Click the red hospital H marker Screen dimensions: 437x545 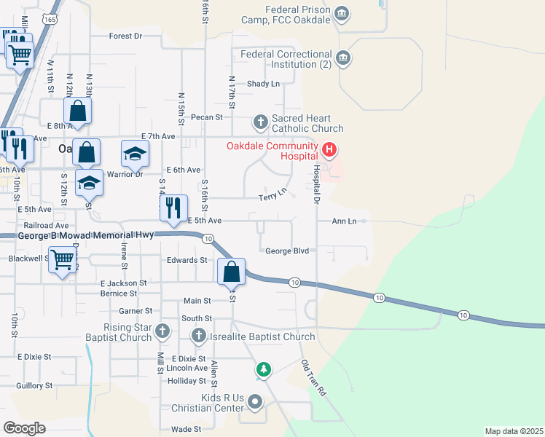(329, 151)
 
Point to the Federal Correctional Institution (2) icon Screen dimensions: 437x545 (343, 58)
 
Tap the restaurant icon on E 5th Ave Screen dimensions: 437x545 (173, 208)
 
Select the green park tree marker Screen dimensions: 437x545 (263, 369)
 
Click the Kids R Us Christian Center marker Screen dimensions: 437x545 (255, 401)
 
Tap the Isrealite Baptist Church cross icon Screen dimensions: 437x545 (197, 336)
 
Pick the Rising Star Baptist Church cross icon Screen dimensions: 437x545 (162, 332)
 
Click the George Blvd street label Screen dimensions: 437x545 (287, 251)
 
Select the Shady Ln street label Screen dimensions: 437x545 (263, 84)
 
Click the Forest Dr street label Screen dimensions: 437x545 (125, 36)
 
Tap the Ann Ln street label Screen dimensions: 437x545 (344, 221)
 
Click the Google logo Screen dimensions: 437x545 (25, 428)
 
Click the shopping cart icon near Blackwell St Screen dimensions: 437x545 (62, 260)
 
